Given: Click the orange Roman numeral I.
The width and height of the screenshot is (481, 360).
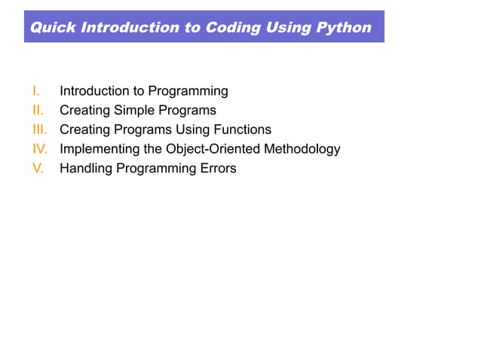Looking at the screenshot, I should (x=35, y=91).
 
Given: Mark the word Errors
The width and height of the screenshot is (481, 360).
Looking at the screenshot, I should (x=218, y=169).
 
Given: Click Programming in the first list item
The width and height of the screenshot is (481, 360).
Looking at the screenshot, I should (x=188, y=92).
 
